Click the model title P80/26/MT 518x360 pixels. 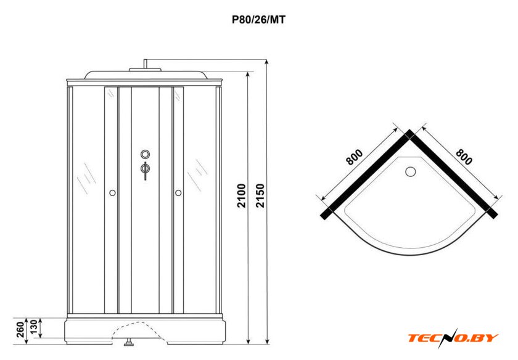click(x=258, y=19)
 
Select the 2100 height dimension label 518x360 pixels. click(x=242, y=195)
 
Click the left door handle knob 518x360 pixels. click(x=112, y=194)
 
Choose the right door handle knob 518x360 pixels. click(x=178, y=194)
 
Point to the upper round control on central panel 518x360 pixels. click(x=145, y=154)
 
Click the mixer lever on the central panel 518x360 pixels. click(x=145, y=170)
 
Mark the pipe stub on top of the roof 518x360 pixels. click(x=145, y=63)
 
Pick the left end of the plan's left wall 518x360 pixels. click(x=326, y=213)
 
